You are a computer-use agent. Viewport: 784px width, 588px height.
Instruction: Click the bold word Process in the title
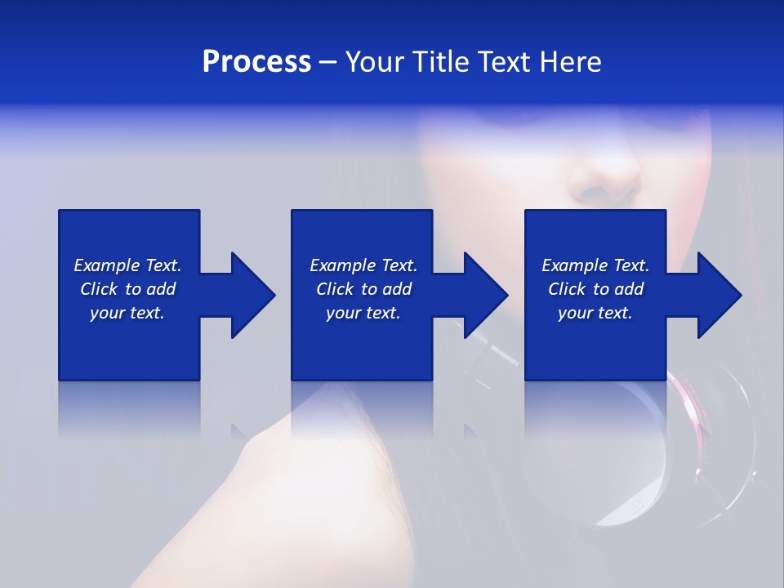coord(256,62)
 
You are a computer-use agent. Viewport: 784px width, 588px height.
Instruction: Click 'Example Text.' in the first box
coord(127,265)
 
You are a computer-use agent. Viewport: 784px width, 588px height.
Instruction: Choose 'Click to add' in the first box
coord(127,289)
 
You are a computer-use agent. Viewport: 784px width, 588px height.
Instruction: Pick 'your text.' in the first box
coord(127,313)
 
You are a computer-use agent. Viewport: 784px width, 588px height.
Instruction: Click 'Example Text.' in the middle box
coord(363,265)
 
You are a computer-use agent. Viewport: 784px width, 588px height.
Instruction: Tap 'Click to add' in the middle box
coord(363,289)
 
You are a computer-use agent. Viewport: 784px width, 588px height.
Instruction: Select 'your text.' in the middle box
coord(363,313)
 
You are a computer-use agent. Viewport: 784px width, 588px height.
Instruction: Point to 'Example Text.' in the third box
coord(595,265)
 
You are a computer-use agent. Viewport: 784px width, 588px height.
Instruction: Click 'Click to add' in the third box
coord(595,289)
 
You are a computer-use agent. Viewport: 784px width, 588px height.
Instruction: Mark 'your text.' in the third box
coord(595,313)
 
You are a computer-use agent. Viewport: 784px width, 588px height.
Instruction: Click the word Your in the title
coord(376,62)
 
